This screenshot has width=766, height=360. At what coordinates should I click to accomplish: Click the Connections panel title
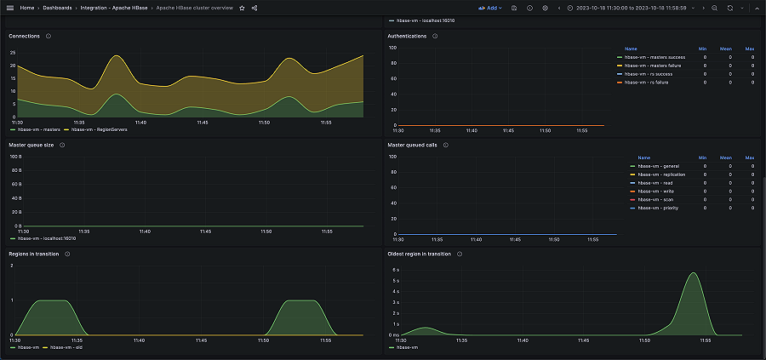tap(25, 37)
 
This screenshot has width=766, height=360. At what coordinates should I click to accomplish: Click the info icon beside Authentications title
tap(435, 37)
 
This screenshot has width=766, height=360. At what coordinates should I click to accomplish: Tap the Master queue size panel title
tap(32, 145)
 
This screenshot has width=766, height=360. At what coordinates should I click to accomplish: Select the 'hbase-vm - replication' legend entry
tap(661, 174)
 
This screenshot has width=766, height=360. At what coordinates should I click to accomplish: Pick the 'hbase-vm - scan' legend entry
tap(655, 199)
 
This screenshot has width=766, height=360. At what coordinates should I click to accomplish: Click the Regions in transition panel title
tap(34, 254)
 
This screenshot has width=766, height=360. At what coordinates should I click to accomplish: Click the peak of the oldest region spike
tap(695, 273)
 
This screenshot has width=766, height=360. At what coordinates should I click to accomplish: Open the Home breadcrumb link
tap(26, 8)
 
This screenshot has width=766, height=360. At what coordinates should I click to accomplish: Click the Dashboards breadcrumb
tap(58, 8)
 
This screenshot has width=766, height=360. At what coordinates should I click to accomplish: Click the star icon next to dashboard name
tap(242, 8)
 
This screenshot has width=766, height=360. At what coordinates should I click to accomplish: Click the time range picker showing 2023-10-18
tap(630, 8)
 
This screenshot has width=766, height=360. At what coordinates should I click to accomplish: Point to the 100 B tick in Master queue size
tap(15, 157)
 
